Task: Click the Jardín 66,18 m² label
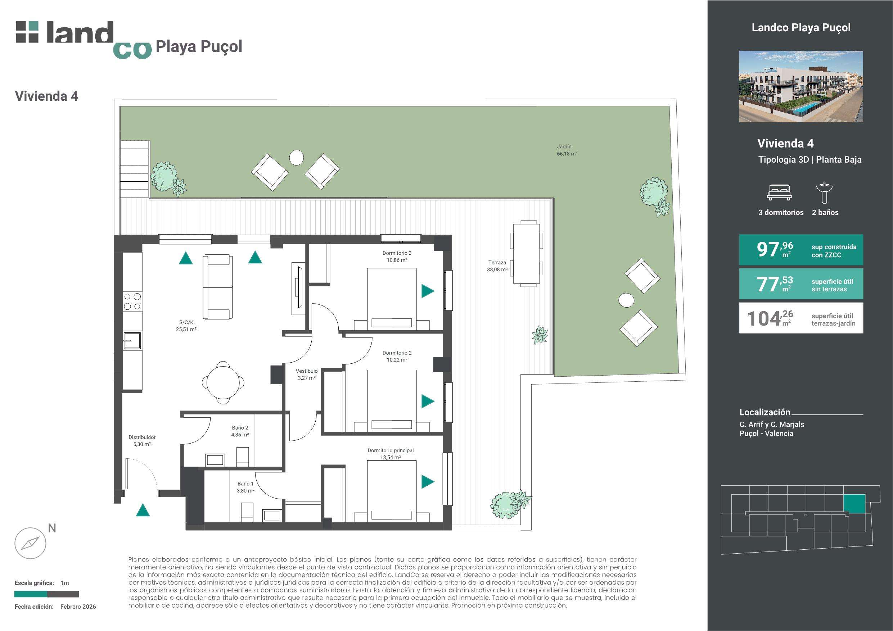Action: pos(567,150)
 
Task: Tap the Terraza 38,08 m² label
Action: pos(497,266)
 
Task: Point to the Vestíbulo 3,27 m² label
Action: pos(306,374)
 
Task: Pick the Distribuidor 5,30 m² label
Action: pos(142,440)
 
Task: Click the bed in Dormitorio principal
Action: pos(392,491)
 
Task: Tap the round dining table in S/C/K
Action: pos(223,382)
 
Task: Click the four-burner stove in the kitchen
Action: pos(132,301)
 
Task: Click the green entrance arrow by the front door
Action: pos(143,510)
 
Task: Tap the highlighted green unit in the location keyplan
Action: pos(854,503)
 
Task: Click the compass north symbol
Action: pos(30,543)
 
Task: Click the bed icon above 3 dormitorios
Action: pos(779,192)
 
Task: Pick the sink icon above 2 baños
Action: pos(824,192)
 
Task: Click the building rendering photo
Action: pos(801,86)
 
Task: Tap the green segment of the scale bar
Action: pos(31,594)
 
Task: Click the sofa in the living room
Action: pos(218,287)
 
